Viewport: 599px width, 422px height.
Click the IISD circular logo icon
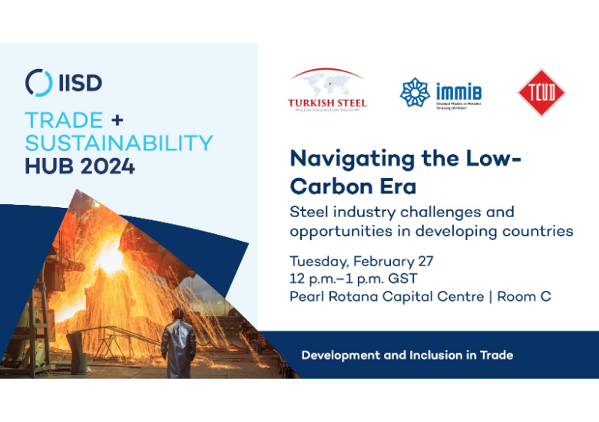pos(38,82)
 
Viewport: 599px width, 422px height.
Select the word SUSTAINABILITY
pos(118,143)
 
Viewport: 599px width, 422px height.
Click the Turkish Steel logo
pos(327,91)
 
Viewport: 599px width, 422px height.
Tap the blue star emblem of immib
pos(415,93)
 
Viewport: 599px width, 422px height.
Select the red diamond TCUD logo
pos(541,93)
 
